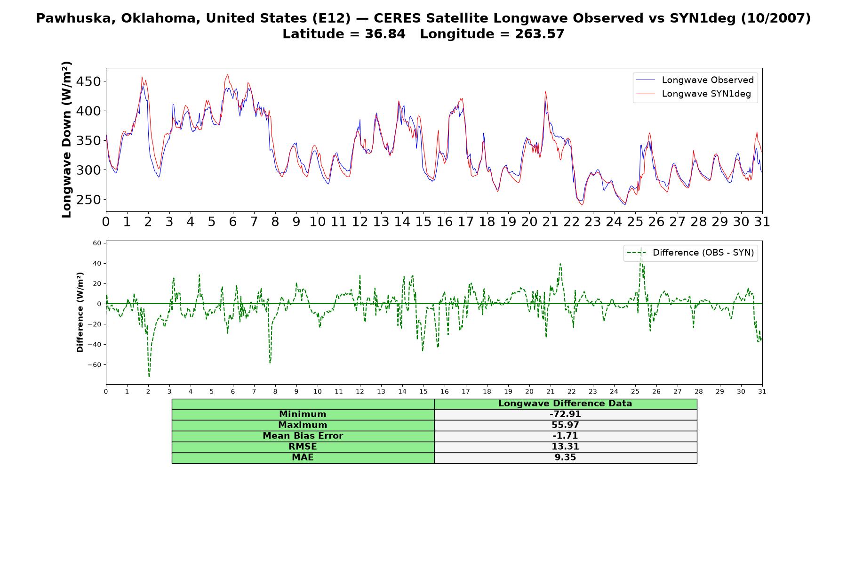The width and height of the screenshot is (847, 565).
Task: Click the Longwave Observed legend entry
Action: (695, 80)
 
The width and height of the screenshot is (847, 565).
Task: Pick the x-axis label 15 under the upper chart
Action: (423, 221)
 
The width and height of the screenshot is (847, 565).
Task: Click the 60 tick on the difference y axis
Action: (97, 243)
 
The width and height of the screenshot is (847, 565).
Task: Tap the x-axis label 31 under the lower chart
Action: (762, 392)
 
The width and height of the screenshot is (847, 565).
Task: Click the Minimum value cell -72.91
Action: (565, 414)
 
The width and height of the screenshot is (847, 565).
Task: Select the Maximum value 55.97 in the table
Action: (565, 425)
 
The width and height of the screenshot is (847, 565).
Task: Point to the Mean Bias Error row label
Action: (303, 436)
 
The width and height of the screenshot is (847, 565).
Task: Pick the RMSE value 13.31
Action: (565, 447)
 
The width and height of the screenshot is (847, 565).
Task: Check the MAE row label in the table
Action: (303, 458)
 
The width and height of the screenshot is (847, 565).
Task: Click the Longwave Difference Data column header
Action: (565, 404)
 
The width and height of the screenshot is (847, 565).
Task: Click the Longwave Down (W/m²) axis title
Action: (66, 139)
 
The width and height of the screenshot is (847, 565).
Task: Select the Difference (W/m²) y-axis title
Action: (80, 312)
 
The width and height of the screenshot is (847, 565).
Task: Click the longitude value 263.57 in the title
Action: (539, 34)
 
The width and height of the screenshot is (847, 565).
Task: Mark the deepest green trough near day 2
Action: (149, 376)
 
